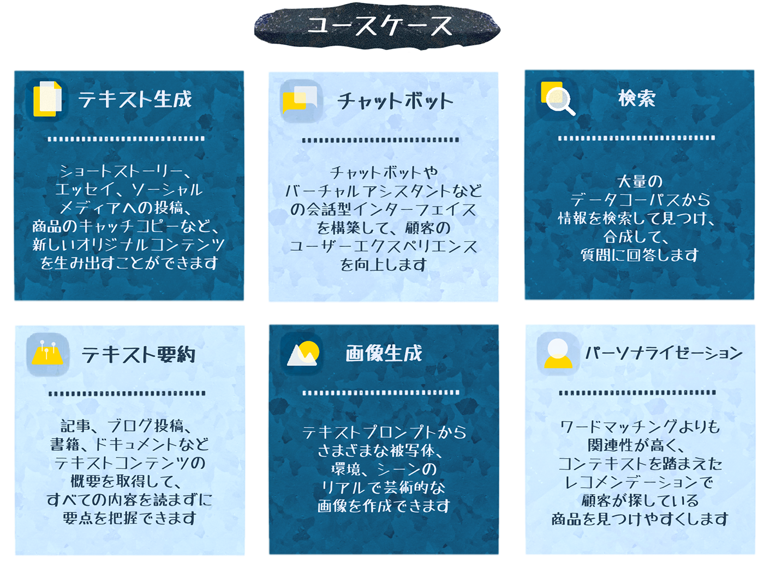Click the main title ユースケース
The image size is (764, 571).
coord(378,26)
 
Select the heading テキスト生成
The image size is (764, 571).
coord(135,99)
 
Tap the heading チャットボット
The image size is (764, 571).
coord(395,101)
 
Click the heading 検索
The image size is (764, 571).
coord(636,98)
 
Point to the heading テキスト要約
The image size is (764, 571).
coord(138,355)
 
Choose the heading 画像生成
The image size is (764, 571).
coord(384,353)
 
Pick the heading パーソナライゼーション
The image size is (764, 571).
coord(664,353)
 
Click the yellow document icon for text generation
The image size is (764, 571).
coord(47,99)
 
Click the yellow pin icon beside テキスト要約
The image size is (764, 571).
coord(47,354)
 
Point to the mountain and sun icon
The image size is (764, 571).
coord(302,353)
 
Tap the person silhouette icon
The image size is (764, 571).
coord(558,353)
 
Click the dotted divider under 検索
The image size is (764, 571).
coord(636,138)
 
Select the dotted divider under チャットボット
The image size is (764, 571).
coord(381,140)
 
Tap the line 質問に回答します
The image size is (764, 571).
coord(640,255)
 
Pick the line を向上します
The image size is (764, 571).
coord(383,265)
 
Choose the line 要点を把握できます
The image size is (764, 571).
coord(129,518)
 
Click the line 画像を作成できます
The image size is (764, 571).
coord(384,506)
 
